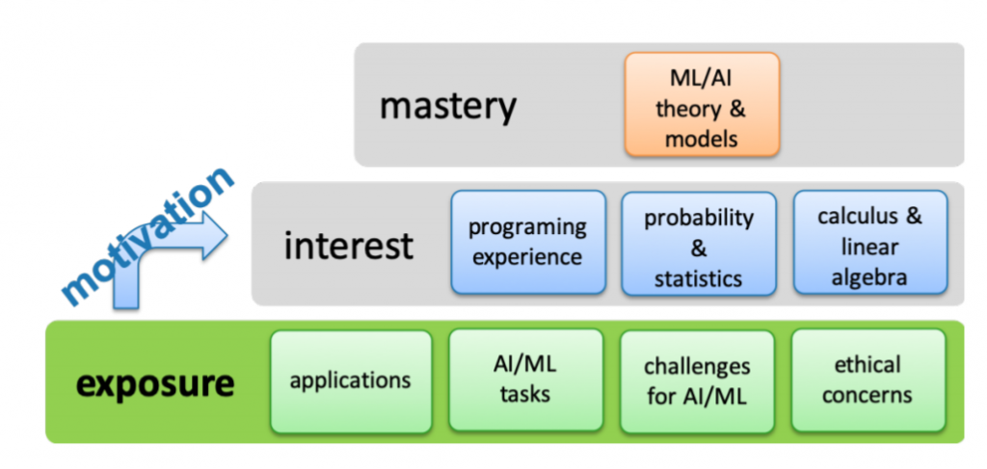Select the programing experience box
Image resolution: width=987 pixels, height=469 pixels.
pyautogui.click(x=527, y=242)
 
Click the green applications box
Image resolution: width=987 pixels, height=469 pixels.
pyautogui.click(x=350, y=380)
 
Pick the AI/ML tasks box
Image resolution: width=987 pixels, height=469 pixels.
pyautogui.click(x=525, y=380)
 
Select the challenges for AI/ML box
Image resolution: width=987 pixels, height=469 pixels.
pyautogui.click(x=697, y=380)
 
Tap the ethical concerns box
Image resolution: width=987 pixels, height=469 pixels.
pyautogui.click(x=867, y=380)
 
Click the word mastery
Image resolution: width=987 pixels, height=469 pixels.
pyautogui.click(x=447, y=106)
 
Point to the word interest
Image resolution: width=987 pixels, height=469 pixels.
pyautogui.click(x=348, y=246)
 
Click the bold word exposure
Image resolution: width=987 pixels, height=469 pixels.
pyautogui.click(x=155, y=384)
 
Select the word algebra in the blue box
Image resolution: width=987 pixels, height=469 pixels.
pyautogui.click(x=869, y=277)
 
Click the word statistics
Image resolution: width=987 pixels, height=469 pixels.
pyautogui.click(x=698, y=279)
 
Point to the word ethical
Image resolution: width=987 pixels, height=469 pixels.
pyautogui.click(x=867, y=365)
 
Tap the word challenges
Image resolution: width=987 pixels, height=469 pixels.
pyautogui.click(x=697, y=367)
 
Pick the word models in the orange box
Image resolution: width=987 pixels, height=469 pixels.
pyautogui.click(x=701, y=139)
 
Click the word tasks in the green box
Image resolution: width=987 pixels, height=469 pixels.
pyautogui.click(x=525, y=395)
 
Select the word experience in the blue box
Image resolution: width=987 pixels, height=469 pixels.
pyautogui.click(x=527, y=257)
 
